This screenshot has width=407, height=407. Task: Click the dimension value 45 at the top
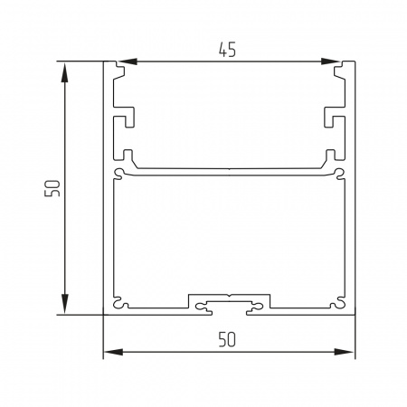[227, 51]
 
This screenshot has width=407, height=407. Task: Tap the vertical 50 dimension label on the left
[52, 188]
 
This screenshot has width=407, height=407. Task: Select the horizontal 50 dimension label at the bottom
[227, 339]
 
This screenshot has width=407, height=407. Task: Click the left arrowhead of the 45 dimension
[128, 62]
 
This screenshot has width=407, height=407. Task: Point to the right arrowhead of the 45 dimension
[331, 62]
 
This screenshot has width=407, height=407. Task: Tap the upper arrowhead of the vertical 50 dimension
[64, 72]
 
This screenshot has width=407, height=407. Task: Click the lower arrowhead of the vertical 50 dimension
[64, 304]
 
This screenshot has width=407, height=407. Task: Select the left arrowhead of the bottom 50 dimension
[113, 352]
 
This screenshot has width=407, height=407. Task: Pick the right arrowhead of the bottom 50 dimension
[344, 352]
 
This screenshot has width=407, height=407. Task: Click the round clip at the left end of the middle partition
[118, 173]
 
